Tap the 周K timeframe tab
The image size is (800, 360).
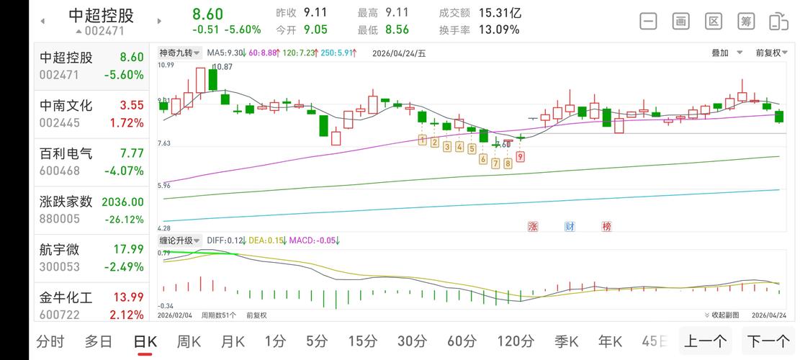coord(189,341)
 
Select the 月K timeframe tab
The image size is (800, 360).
coord(233,341)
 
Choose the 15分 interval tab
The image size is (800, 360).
coord(363,341)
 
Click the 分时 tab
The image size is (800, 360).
coord(50,341)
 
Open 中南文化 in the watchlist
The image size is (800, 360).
coord(91,114)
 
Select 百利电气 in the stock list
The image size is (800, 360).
coord(91,161)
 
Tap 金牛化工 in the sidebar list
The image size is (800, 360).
coord(91,305)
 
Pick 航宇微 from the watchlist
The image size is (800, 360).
coord(91,258)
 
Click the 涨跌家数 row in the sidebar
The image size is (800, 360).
coord(91,210)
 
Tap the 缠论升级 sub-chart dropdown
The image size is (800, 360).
coord(180,240)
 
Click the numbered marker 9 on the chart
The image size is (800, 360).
coord(520,156)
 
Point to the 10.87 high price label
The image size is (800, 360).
coord(223,67)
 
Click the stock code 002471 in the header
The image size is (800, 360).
coord(104,31)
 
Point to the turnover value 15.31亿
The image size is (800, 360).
coord(500,13)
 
